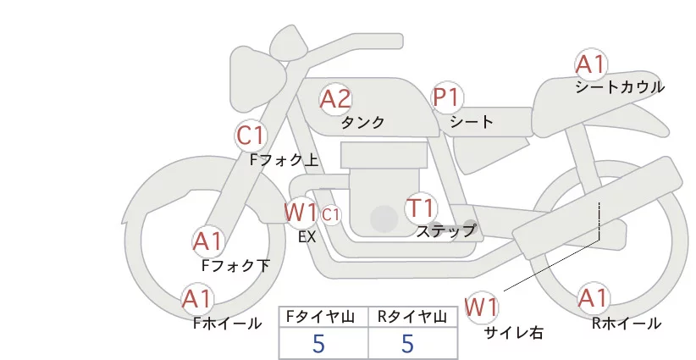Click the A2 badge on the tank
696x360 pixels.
coord(335,100)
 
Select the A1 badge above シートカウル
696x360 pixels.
coord(591,65)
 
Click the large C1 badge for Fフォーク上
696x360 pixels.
coord(251,135)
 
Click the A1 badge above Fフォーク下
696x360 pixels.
coord(207,242)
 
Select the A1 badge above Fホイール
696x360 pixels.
coord(198,299)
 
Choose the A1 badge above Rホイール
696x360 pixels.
coord(593,298)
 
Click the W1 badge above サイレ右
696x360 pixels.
coord(483,307)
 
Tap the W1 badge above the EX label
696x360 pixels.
coord(301,211)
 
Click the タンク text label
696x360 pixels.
coord(363,123)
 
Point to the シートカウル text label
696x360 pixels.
coord(620,87)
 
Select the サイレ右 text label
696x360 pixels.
coord(513,333)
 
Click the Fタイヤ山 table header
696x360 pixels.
coord(323,318)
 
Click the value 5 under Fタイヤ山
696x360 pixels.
coord(318,343)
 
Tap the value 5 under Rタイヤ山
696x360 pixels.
coord(408,343)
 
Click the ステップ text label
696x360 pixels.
coord(445,230)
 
